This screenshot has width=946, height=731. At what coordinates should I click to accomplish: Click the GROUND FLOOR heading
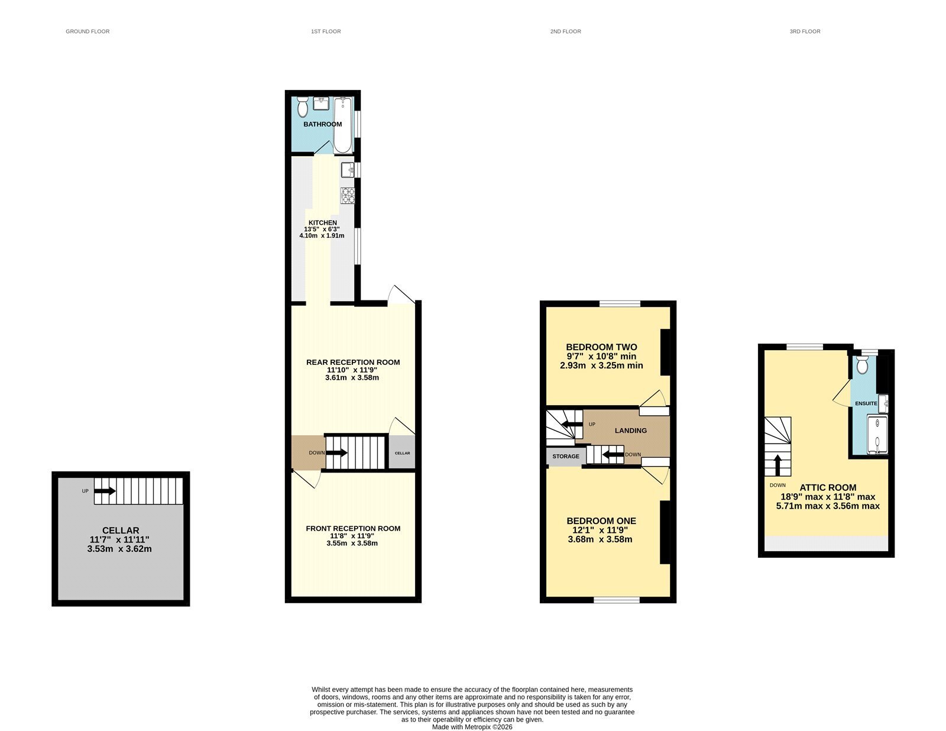[88, 31]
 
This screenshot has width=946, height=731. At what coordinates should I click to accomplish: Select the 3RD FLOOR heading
[805, 31]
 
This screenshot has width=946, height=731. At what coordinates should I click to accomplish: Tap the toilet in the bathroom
[303, 107]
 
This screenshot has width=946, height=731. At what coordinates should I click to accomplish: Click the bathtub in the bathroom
[343, 125]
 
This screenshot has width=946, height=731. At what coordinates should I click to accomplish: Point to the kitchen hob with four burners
[348, 196]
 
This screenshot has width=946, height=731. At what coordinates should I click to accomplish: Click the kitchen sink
[348, 170]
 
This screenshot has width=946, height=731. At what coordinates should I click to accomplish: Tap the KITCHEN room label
[323, 222]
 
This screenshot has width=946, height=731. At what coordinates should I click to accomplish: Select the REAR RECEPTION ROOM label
[352, 362]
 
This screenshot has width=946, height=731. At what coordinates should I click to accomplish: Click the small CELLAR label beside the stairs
[402, 453]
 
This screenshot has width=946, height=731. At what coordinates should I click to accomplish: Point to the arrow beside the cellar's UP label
[105, 491]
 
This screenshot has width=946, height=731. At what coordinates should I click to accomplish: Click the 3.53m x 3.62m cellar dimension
[119, 549]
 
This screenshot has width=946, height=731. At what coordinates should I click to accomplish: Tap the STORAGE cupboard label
[566, 456]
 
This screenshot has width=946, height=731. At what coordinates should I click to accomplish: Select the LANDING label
[630, 431]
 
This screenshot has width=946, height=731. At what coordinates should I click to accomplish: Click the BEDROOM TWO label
[601, 347]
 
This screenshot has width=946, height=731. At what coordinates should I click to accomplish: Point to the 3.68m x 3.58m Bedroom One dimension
[600, 539]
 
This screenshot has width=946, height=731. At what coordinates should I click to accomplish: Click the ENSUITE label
[866, 403]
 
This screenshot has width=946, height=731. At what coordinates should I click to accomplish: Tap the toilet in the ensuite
[862, 365]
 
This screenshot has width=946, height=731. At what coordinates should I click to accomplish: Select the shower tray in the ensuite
[877, 435]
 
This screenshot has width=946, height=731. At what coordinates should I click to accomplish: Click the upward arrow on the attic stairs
[777, 465]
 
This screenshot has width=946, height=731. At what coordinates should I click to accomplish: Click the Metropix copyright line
[472, 727]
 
